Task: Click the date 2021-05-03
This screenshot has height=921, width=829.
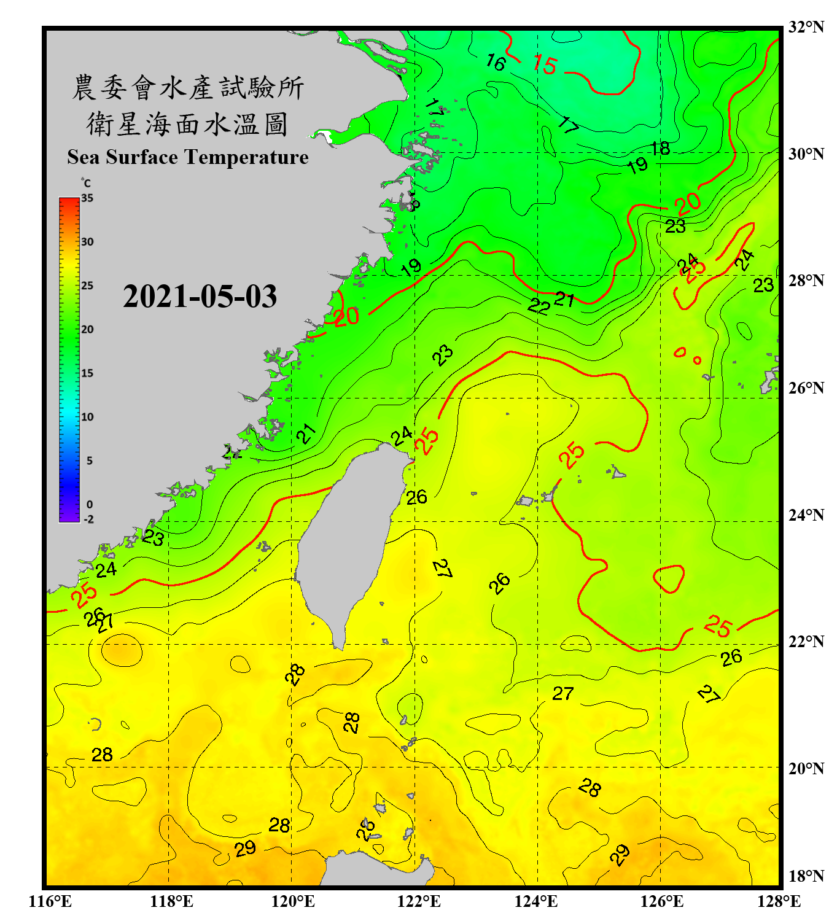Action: pyautogui.click(x=200, y=297)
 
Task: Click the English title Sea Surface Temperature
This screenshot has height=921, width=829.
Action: pyautogui.click(x=188, y=157)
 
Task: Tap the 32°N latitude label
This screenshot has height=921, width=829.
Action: pyautogui.click(x=806, y=27)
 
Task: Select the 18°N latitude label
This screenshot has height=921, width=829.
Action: pyautogui.click(x=806, y=876)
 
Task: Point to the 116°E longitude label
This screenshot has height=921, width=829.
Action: pyautogui.click(x=50, y=901)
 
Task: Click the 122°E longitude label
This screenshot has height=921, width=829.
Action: pyautogui.click(x=419, y=901)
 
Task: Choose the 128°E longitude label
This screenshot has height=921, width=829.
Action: pyautogui.click(x=779, y=901)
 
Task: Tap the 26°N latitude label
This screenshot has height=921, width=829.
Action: pyautogui.click(x=806, y=388)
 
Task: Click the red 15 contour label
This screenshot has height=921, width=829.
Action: pyautogui.click(x=545, y=64)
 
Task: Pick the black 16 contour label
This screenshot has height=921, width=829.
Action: pyautogui.click(x=496, y=62)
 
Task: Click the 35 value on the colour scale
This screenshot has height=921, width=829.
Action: pyautogui.click(x=87, y=198)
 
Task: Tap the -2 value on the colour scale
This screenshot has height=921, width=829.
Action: pyautogui.click(x=88, y=519)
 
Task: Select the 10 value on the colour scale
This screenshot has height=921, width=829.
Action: pyautogui.click(x=87, y=417)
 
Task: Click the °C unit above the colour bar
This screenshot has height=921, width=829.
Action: pyautogui.click(x=85, y=183)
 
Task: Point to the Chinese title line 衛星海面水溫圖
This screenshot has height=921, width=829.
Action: pyautogui.click(x=187, y=124)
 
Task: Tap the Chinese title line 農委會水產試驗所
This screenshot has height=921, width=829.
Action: pyautogui.click(x=187, y=88)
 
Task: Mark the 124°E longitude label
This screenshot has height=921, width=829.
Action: pyautogui.click(x=536, y=901)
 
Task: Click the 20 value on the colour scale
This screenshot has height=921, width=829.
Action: pyautogui.click(x=87, y=329)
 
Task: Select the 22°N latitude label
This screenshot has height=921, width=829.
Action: pyautogui.click(x=806, y=642)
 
